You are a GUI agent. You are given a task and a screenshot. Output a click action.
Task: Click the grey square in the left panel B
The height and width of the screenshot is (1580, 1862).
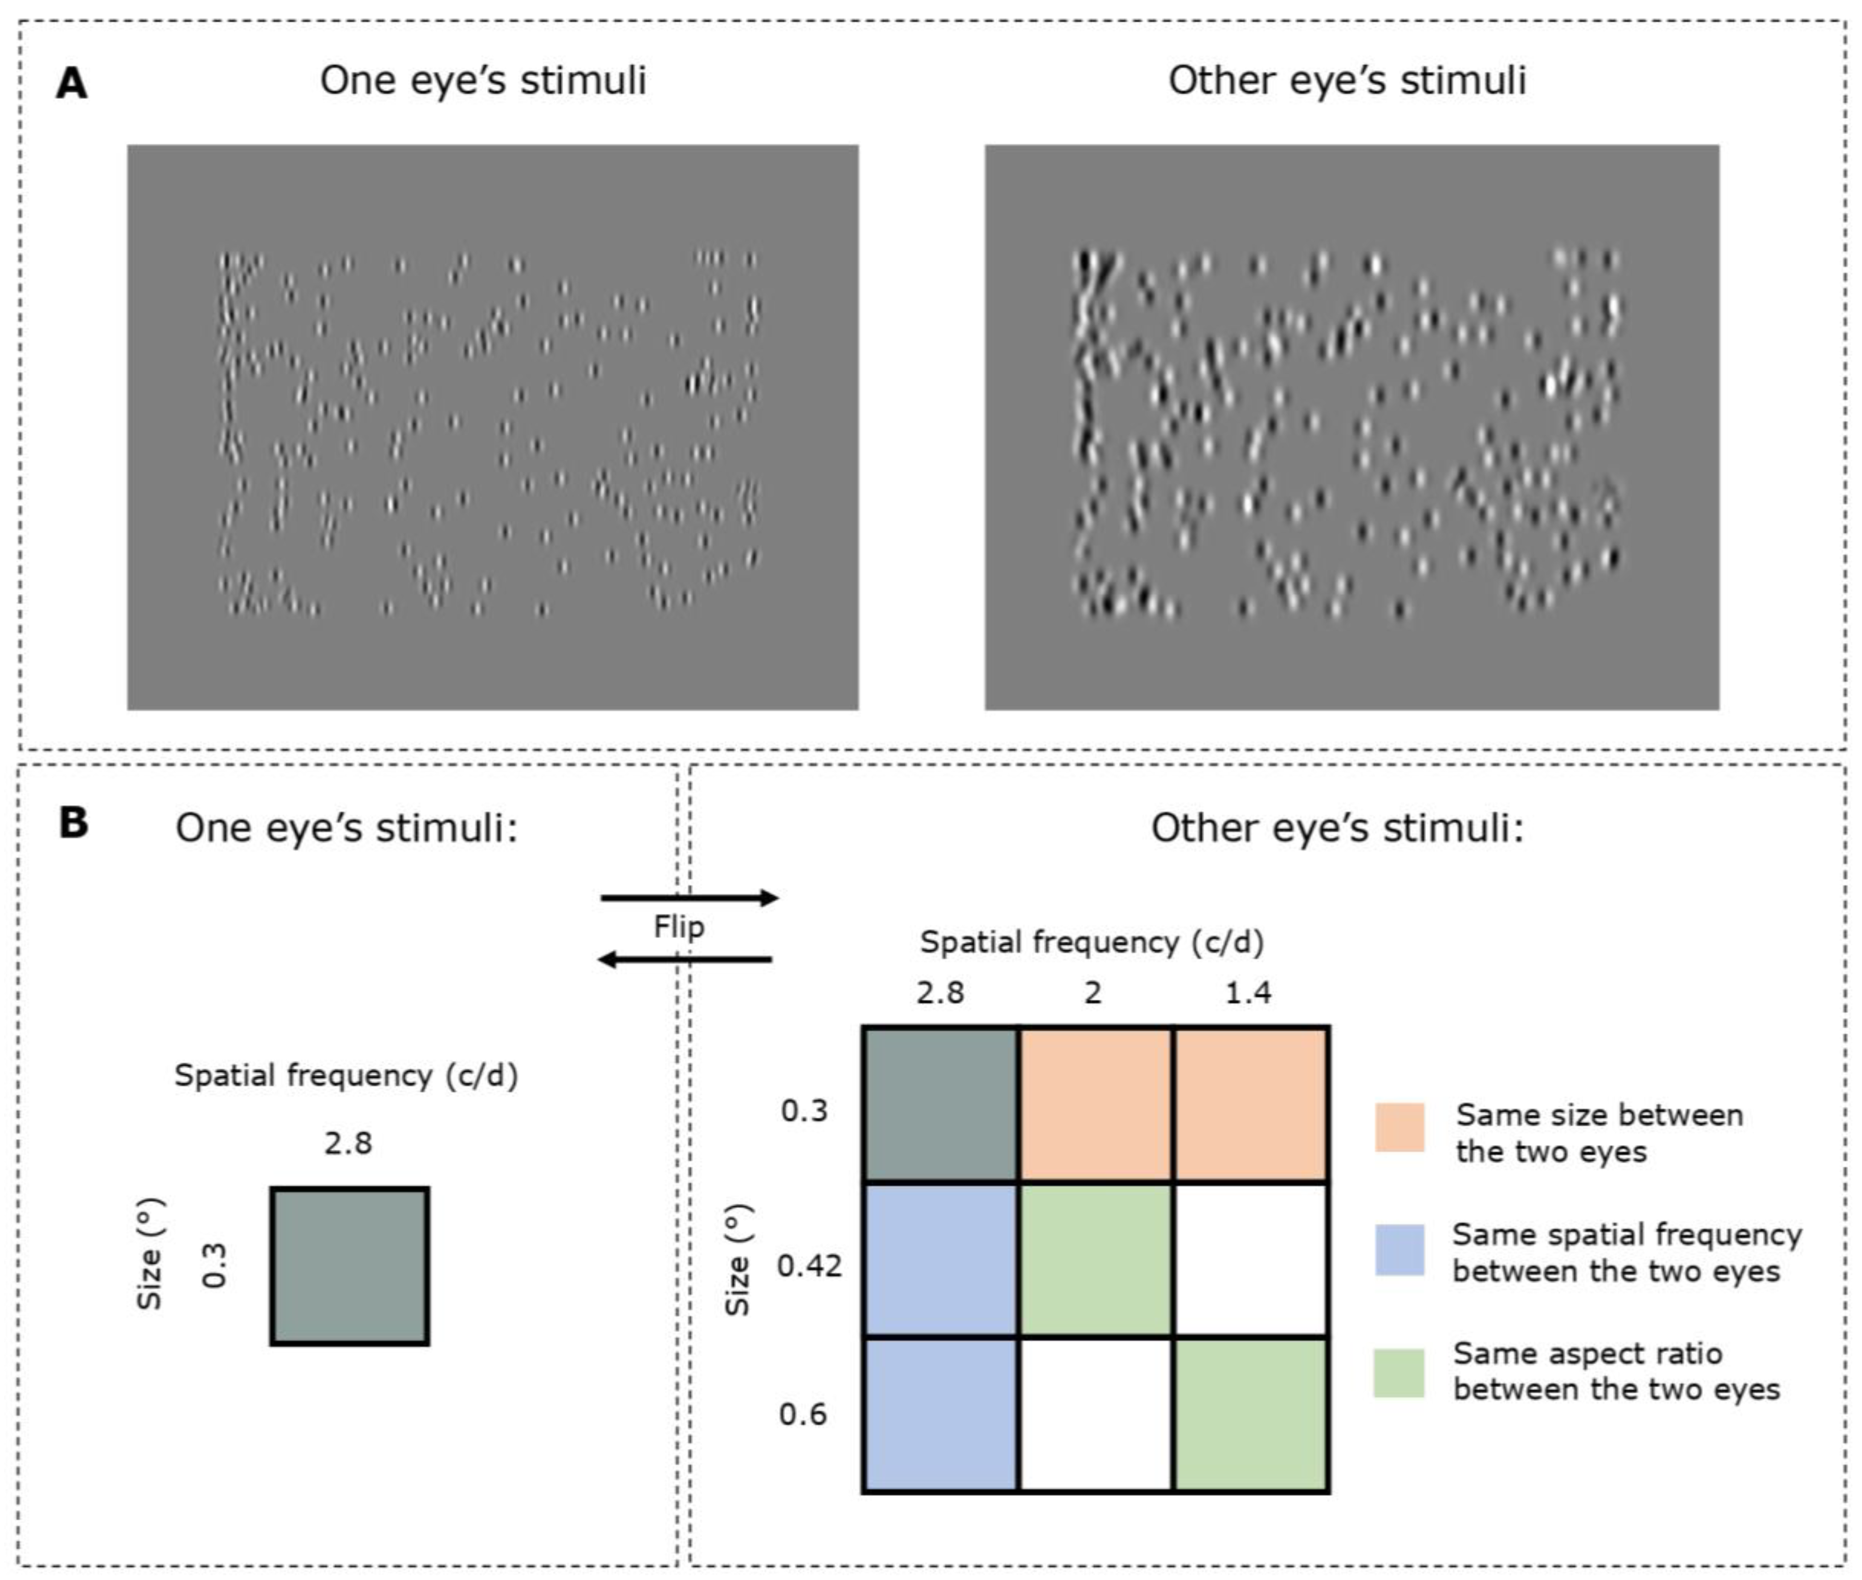click(x=349, y=1265)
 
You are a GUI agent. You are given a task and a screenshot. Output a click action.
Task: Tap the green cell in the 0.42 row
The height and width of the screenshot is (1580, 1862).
click(x=1094, y=1259)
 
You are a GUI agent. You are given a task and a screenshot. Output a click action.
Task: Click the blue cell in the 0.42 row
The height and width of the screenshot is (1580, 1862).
click(x=940, y=1259)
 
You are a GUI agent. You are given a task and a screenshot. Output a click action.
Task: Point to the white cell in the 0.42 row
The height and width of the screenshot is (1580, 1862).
click(x=1250, y=1259)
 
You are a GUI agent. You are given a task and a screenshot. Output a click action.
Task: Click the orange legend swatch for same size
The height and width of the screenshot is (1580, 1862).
click(x=1399, y=1127)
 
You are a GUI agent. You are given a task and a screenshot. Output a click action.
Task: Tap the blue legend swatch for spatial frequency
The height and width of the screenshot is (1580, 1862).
click(x=1399, y=1250)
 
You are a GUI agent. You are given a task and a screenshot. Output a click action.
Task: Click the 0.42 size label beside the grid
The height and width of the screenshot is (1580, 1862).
click(x=809, y=1265)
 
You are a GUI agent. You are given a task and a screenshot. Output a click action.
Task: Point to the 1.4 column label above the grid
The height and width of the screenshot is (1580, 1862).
click(x=1248, y=993)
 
